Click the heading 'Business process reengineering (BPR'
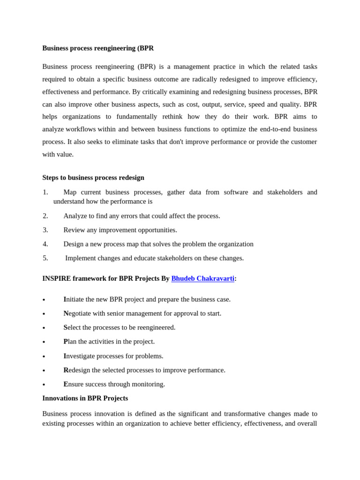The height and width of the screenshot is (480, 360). click(x=98, y=48)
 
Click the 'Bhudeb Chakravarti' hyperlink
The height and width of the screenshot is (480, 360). click(x=202, y=278)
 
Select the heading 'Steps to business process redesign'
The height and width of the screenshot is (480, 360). click(x=93, y=178)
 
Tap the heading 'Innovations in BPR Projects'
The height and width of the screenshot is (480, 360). click(x=85, y=398)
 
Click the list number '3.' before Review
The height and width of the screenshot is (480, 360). click(x=45, y=230)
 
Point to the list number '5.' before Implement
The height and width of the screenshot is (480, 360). click(x=45, y=258)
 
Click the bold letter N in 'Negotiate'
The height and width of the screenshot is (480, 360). click(x=66, y=313)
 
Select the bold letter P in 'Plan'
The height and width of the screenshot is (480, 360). click(x=66, y=341)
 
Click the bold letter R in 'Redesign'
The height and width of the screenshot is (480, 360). click(x=66, y=370)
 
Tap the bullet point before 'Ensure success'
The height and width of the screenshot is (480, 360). click(x=44, y=385)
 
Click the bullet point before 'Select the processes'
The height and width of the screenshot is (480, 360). click(x=44, y=328)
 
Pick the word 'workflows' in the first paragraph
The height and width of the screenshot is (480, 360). click(x=81, y=129)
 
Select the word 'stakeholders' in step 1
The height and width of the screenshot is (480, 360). click(x=287, y=192)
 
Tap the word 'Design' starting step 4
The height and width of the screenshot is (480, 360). click(x=74, y=244)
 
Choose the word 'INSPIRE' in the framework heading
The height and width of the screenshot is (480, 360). click(x=56, y=278)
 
